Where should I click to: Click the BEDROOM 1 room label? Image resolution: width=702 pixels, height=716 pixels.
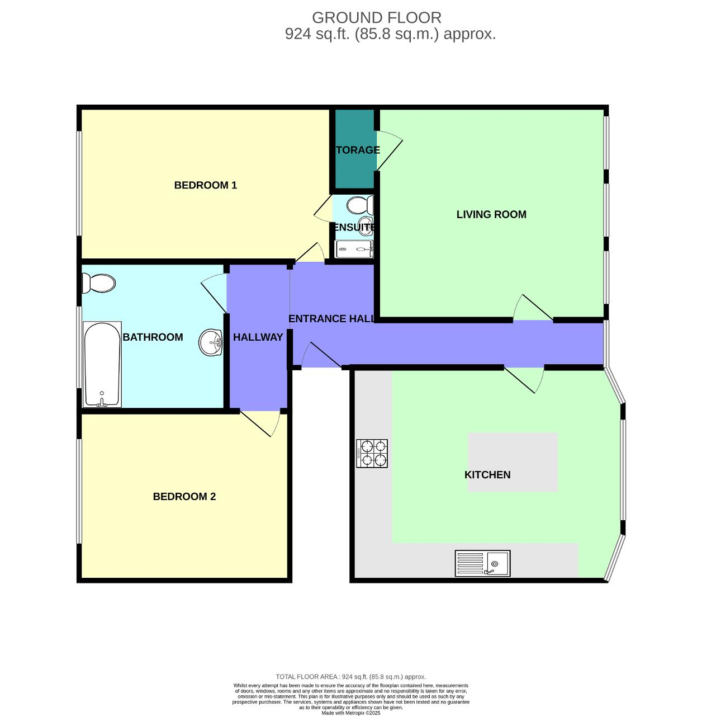coord(206,185)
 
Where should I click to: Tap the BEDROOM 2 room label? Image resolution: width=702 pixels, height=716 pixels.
coord(184,496)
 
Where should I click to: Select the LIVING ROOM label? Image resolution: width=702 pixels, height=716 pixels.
coord(491,214)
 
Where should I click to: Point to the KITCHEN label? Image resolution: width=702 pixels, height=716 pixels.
coord(487,474)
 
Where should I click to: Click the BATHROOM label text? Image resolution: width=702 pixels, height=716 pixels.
coord(153,337)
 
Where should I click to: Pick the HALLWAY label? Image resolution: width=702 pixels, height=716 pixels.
coord(258,337)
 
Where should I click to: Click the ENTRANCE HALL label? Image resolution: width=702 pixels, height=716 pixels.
coord(331,319)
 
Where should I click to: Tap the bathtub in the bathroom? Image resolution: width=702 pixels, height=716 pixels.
coord(102,364)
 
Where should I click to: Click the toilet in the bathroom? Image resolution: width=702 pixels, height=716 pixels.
coord(99,283)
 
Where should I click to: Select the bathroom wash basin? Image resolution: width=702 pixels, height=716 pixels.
coord(211,342)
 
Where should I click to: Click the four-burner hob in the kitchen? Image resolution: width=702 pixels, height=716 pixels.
coord(372,453)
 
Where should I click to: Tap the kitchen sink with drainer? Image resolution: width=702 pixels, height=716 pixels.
coord(482,563)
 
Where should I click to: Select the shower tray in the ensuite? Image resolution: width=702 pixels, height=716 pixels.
coord(353,249)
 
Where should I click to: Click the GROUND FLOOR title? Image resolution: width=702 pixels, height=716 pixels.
coord(377,18)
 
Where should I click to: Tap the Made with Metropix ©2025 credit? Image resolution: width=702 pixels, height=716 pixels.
coord(351,713)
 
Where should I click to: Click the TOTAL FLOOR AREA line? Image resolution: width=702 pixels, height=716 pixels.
coord(351,677)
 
